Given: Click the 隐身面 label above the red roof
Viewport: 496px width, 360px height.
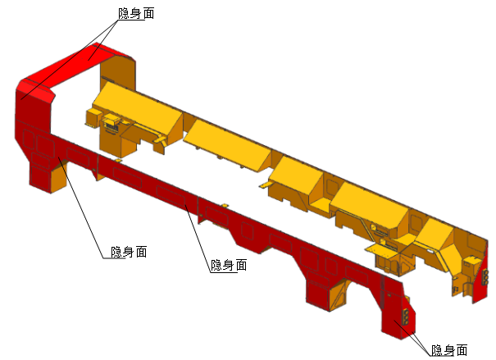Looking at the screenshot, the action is tap(136, 13).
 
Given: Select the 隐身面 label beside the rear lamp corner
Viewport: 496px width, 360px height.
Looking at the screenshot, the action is tap(449, 350).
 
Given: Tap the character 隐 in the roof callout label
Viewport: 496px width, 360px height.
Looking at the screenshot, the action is tap(124, 13).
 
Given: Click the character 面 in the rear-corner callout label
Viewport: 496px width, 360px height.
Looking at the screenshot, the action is tap(462, 350).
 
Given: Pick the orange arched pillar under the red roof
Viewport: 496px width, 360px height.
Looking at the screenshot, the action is tap(118, 73).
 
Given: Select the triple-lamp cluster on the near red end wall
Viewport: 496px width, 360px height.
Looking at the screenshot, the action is tap(406, 317).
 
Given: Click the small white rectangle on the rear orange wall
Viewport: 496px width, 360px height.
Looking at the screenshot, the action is tap(430, 251).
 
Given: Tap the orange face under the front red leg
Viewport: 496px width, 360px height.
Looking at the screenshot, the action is tap(59, 176).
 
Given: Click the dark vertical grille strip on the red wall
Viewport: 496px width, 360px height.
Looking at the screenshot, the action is tap(383, 292).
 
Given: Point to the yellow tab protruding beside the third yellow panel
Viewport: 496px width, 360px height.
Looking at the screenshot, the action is tap(265, 185).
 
